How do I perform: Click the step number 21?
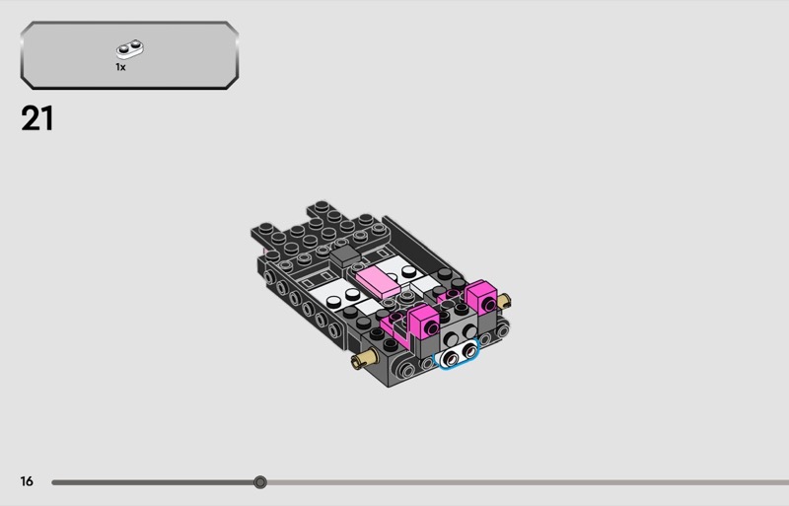[36, 118]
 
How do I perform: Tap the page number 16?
[27, 481]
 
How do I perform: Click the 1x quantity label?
[120, 67]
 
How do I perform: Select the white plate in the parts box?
[130, 49]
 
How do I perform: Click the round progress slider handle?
[260, 482]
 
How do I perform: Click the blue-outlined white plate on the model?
[458, 354]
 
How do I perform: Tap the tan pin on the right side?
[504, 302]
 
